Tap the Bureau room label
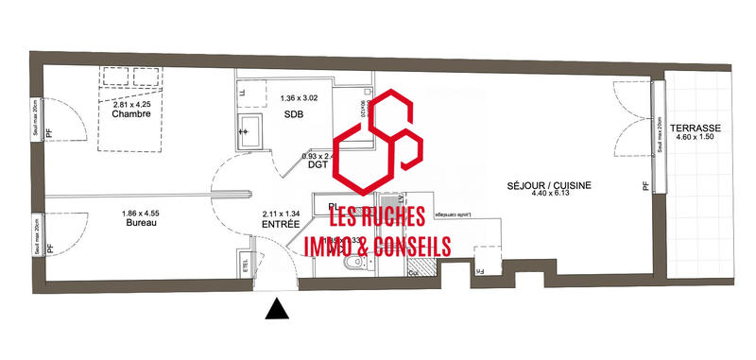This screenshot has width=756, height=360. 139,223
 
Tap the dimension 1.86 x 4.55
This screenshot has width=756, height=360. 139,213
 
